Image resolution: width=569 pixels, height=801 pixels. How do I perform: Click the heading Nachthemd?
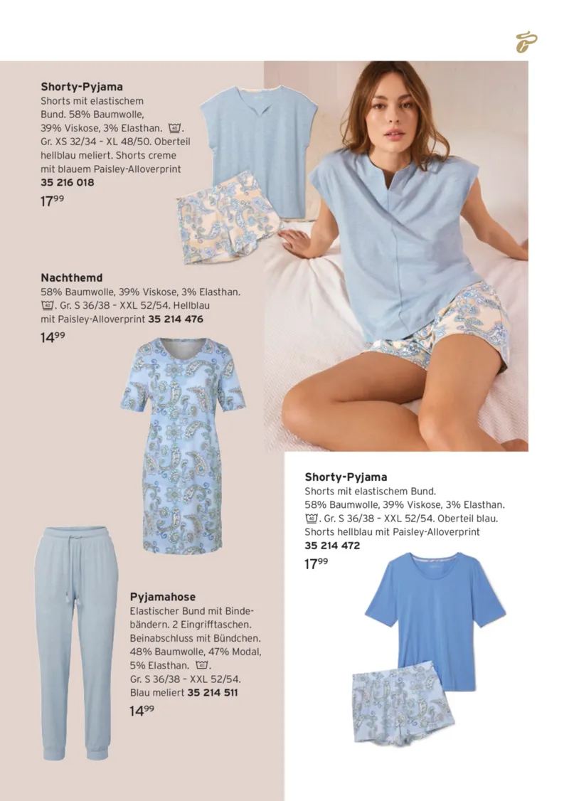click(71, 278)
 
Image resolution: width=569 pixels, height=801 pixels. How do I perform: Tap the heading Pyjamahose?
click(162, 597)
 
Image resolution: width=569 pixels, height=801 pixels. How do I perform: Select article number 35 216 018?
click(68, 183)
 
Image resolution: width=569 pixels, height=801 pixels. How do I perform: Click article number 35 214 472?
click(332, 546)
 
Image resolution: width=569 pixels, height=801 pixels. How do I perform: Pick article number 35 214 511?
click(213, 692)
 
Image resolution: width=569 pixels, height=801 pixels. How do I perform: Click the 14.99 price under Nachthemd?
click(53, 338)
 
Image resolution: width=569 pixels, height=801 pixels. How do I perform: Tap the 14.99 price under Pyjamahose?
click(142, 711)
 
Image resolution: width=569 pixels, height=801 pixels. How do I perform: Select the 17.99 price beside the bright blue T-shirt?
click(317, 564)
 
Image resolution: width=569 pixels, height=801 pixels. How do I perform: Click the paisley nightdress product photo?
click(183, 444)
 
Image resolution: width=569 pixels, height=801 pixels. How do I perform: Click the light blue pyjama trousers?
click(76, 640)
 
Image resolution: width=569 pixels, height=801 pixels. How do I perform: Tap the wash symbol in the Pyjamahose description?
click(202, 666)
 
